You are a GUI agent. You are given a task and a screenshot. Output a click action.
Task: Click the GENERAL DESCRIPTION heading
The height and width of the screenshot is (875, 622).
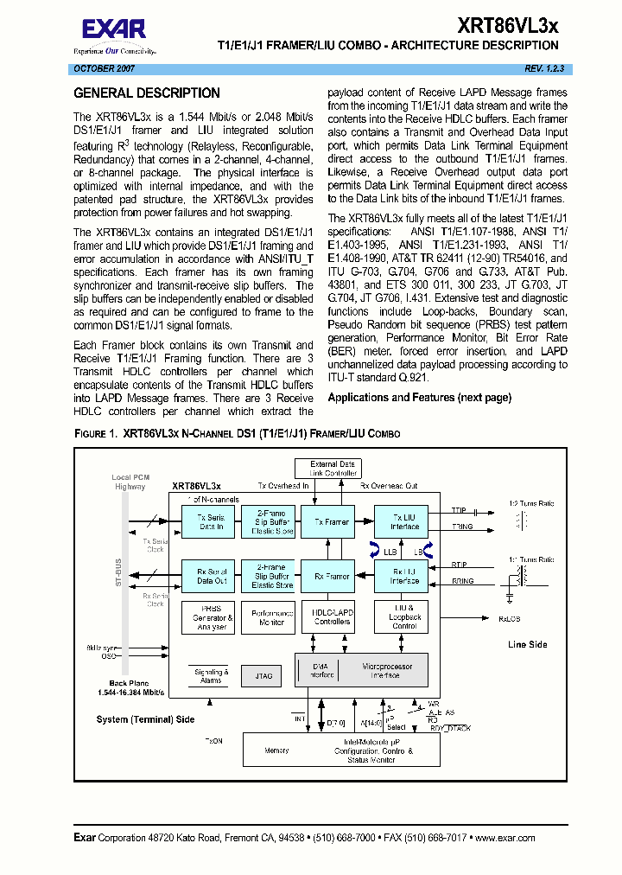tap(147, 93)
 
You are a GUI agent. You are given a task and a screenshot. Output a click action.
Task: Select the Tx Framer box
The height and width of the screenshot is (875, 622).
tap(332, 522)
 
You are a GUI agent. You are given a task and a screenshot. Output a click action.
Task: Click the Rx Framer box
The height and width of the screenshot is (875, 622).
tap(332, 576)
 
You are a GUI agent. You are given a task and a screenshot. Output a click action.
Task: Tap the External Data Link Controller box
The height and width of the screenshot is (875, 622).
tap(333, 469)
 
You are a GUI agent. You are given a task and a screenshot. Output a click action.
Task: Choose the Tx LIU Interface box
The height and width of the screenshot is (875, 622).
tap(404, 522)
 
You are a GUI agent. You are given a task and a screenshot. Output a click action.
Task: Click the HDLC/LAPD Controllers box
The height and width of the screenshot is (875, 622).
tap(332, 616)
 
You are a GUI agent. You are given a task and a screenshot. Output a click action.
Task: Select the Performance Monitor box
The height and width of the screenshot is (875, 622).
tap(272, 616)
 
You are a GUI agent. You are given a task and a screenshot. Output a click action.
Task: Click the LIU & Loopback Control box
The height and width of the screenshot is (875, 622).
tap(404, 616)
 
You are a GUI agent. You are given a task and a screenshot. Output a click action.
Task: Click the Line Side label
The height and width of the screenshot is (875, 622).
tap(528, 644)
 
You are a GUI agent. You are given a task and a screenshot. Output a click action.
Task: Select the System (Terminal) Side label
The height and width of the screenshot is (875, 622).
tap(145, 719)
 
